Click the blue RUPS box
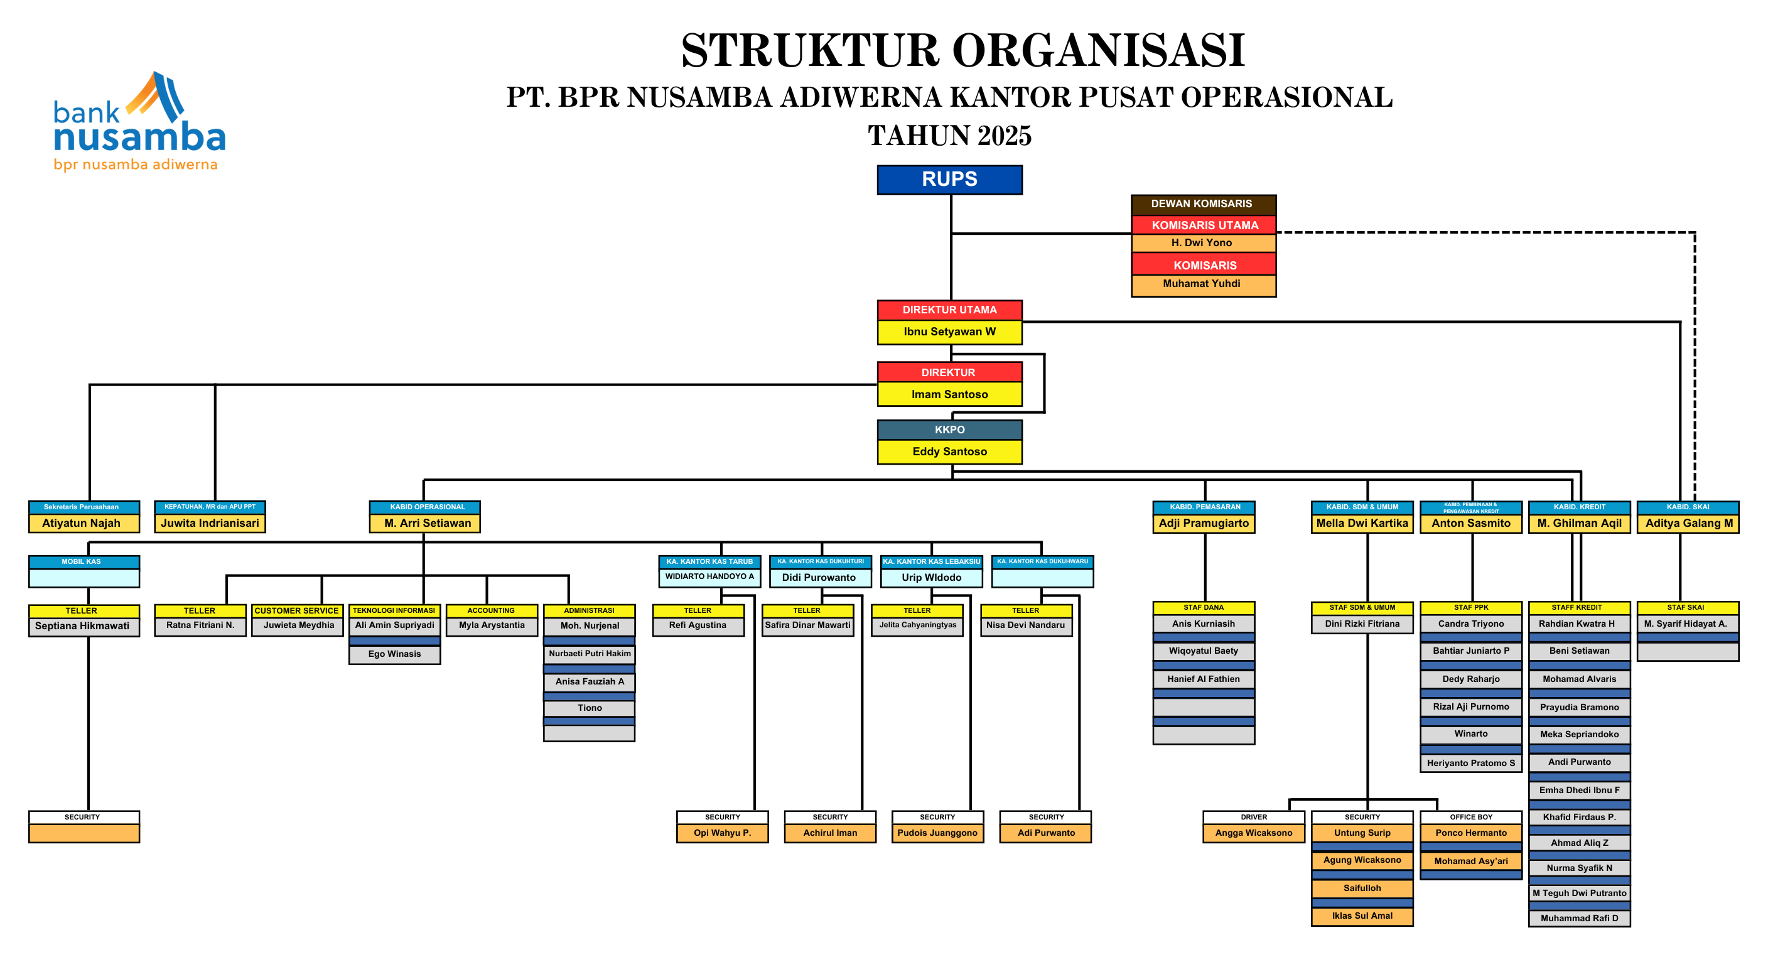point(949,179)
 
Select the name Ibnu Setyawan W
point(949,332)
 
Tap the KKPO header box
point(949,430)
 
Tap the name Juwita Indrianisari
point(210,523)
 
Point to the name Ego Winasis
point(395,654)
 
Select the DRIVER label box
point(1253,817)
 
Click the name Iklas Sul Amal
point(1362,916)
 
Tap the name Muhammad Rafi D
point(1578,919)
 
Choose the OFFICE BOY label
point(1471,817)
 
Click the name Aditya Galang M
point(1688,523)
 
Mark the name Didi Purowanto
point(819,577)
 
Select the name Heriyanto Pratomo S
point(1471,764)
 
